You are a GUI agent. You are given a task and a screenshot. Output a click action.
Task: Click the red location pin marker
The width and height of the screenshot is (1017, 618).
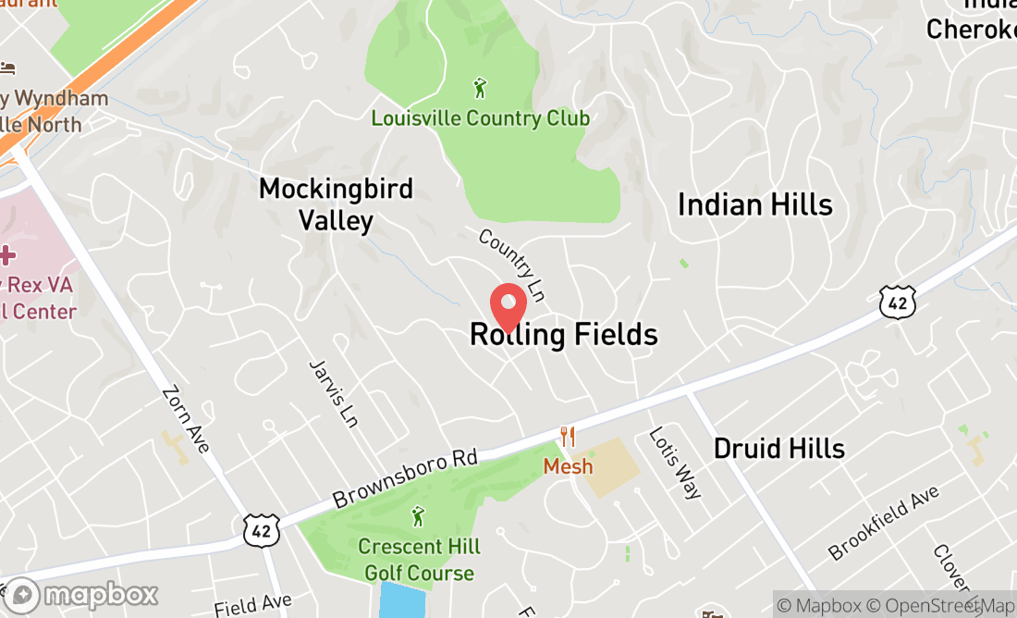(508, 306)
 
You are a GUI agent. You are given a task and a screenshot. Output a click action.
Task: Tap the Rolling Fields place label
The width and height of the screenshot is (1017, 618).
(564, 335)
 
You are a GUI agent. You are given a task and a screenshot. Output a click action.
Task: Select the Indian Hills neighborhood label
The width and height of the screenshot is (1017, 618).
(755, 204)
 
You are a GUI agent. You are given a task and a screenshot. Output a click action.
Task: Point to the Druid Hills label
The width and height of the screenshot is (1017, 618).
(779, 449)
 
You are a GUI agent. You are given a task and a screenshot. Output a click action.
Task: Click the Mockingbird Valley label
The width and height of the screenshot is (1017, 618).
(336, 204)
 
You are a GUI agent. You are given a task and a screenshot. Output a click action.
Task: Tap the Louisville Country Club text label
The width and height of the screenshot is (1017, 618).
(480, 118)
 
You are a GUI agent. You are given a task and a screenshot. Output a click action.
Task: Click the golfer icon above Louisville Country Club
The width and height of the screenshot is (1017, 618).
(480, 89)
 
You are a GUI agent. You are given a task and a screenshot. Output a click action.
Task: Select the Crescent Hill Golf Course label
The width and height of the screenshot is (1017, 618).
(419, 560)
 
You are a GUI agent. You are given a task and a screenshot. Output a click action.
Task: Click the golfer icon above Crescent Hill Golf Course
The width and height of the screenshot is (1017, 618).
(418, 516)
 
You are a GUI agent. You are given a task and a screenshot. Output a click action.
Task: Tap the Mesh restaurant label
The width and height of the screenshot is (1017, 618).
(568, 466)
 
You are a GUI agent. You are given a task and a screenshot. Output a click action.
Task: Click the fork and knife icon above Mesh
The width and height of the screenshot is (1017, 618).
(568, 437)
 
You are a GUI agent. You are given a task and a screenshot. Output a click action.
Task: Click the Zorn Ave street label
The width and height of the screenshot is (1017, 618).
(185, 419)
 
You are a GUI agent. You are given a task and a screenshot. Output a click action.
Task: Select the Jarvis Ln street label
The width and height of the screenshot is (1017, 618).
(333, 393)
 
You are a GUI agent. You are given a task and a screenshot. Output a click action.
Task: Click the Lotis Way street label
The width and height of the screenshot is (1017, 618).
(674, 462)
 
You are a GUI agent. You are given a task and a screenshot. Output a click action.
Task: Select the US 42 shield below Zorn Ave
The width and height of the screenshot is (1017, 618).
(258, 529)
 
